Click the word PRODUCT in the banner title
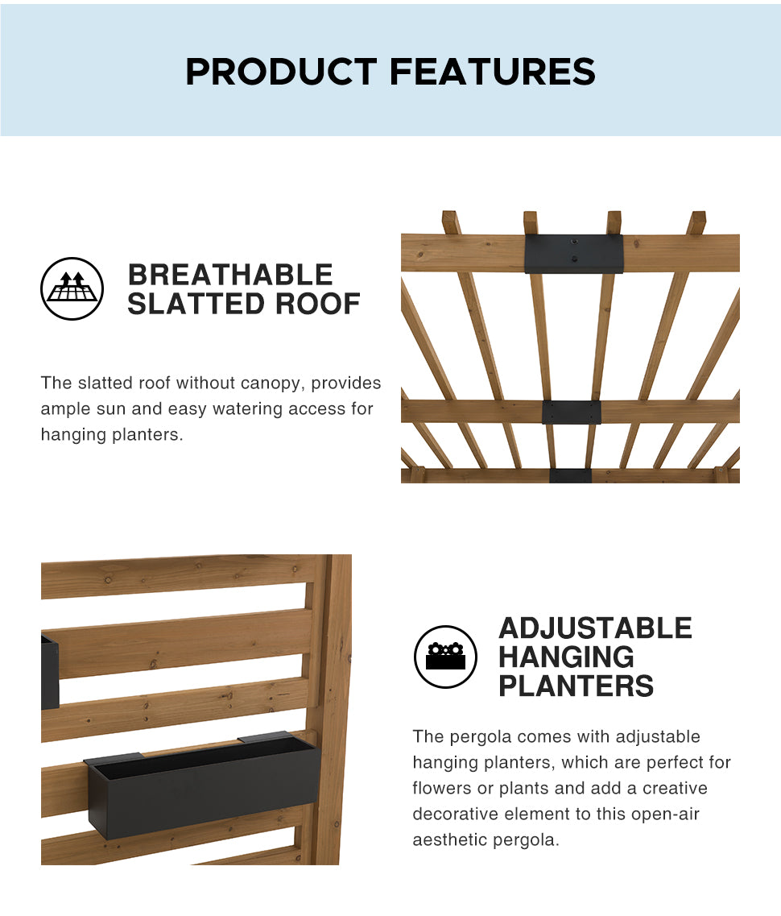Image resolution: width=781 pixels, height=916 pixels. pos(281,72)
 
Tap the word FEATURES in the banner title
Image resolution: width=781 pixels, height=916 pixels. pos(493,72)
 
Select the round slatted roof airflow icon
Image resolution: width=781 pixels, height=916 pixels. pos(72,288)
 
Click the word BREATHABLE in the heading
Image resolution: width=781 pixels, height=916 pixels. pos(230,276)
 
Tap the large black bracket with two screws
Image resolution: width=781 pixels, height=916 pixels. pos(573,254)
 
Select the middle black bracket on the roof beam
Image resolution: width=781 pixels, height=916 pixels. pos(571,412)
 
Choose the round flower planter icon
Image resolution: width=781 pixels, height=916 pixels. pos(445,657)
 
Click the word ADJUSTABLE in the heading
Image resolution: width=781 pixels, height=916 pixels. pos(595,628)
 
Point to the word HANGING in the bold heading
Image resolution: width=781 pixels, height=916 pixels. pos(566,657)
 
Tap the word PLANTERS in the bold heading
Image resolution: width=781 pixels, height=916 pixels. pos(576,686)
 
